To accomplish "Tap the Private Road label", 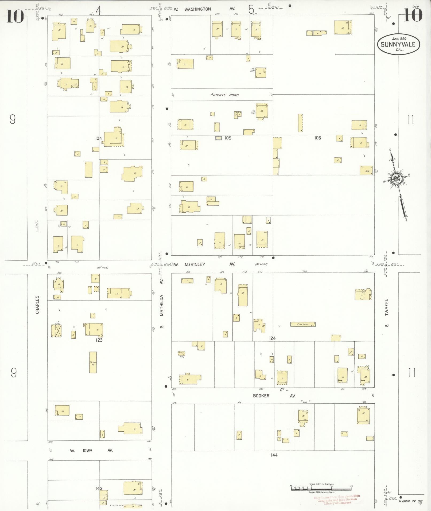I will click(224, 95).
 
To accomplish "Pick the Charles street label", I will click(37, 305).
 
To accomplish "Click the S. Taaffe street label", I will click(387, 313).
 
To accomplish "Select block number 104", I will click(98, 138).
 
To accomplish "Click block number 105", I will click(228, 138).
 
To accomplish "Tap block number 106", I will click(317, 138).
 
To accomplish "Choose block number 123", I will click(99, 340).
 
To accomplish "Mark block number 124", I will click(272, 338).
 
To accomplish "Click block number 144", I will click(274, 455).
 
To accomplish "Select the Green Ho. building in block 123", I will click(93, 362).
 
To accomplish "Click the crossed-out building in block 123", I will click(56, 330).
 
